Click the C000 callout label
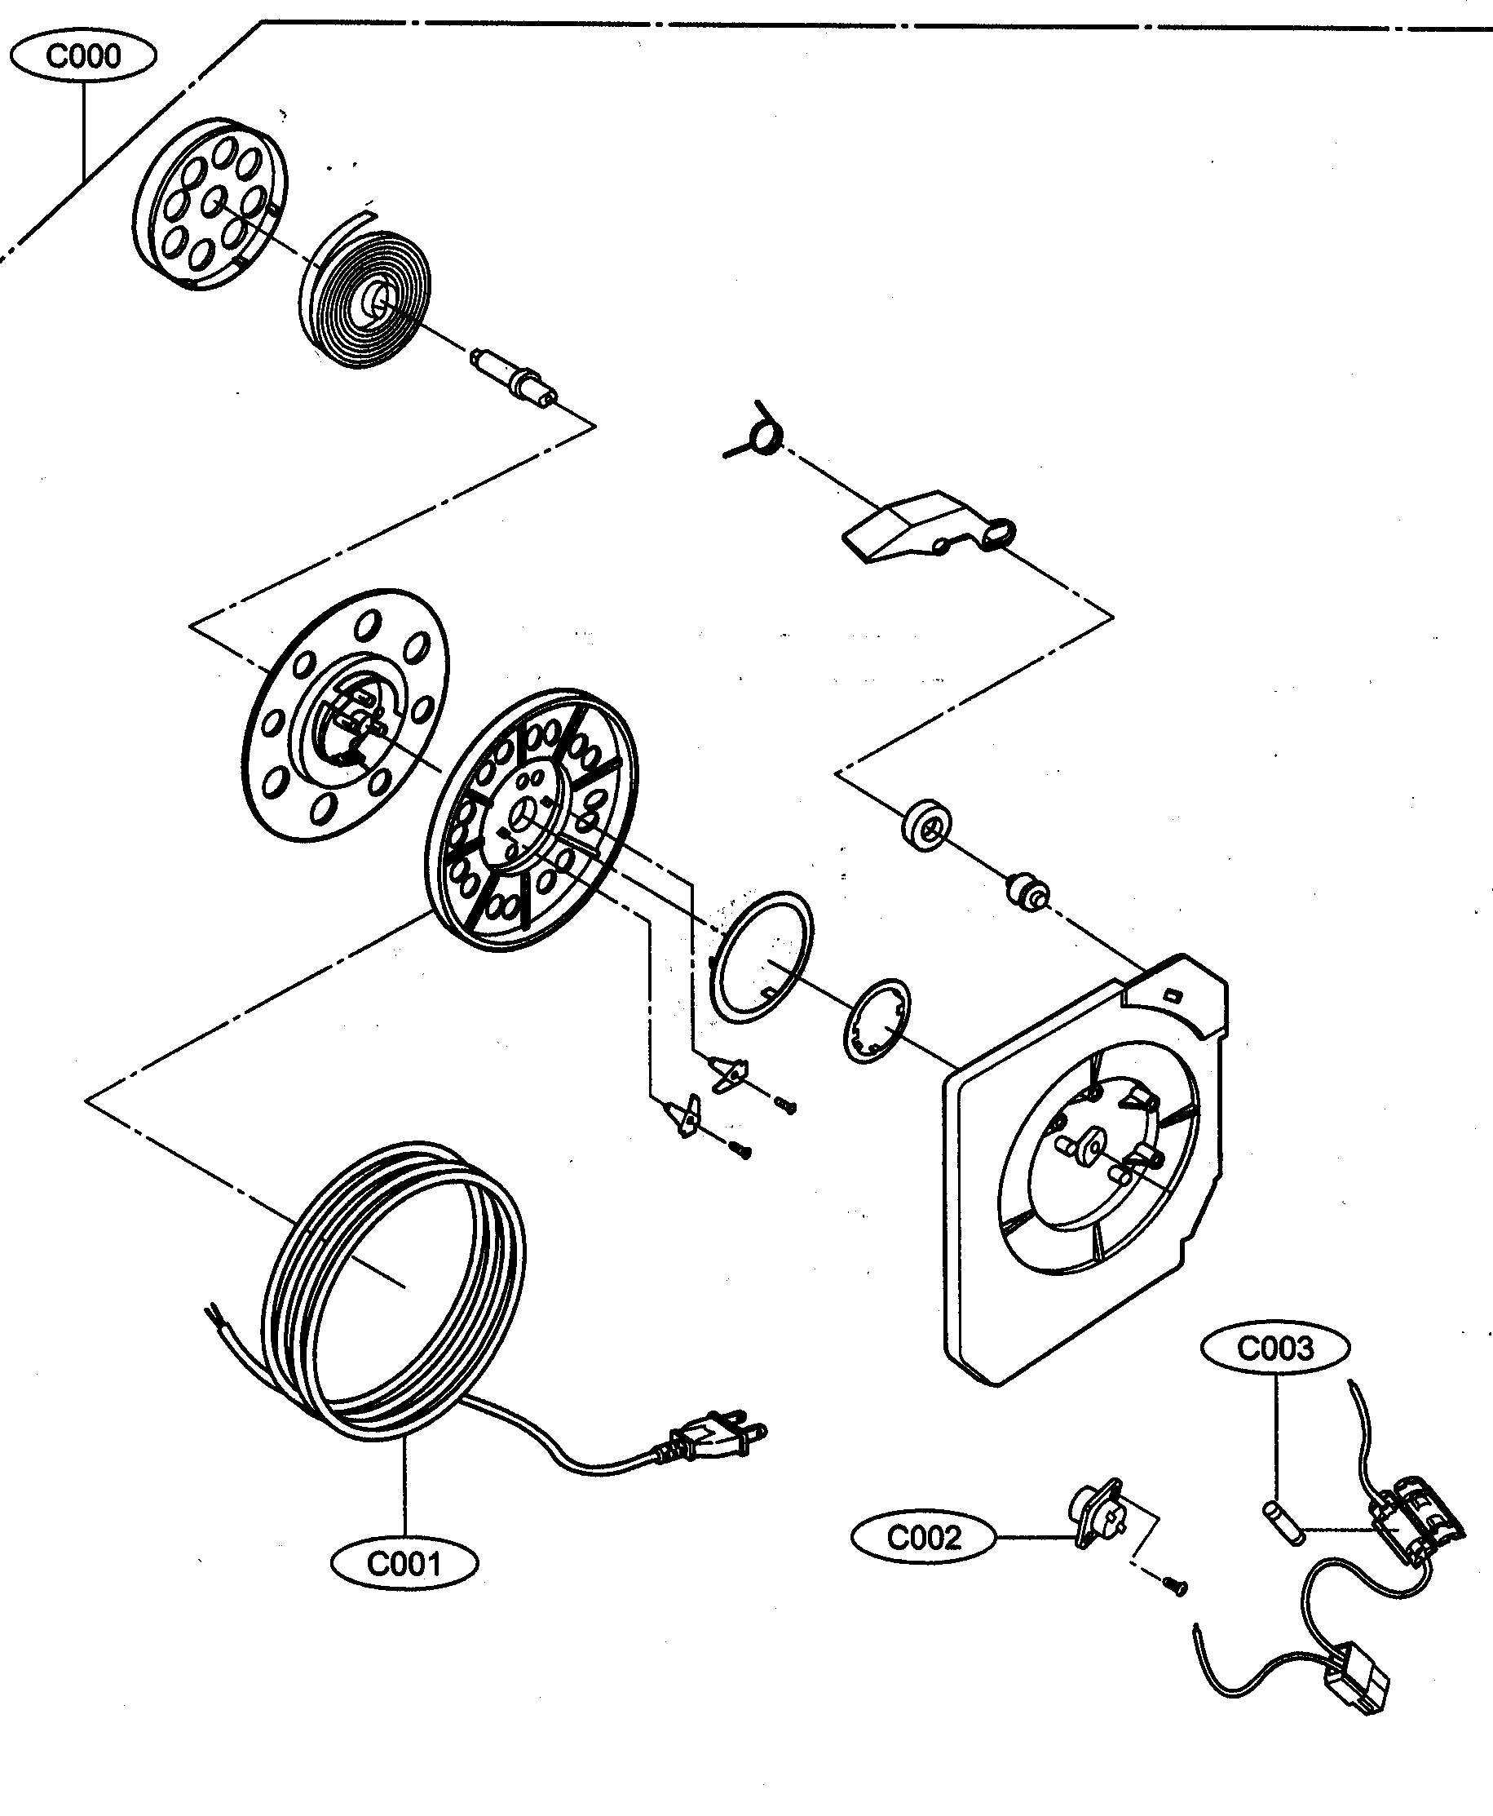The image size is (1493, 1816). pos(82,57)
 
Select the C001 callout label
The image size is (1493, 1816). pos(404,1563)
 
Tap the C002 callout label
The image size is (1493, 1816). pos(923,1536)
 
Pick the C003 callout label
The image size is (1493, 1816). pos(1274,1348)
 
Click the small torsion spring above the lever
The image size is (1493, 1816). pos(762,432)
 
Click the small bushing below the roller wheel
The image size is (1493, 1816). pos(1027,892)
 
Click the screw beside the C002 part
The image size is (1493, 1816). pos(1175,1584)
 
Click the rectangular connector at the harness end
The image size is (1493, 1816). pos(1357,1677)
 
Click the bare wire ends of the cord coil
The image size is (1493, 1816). pos(216,1317)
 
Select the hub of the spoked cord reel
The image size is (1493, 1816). pos(523,813)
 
